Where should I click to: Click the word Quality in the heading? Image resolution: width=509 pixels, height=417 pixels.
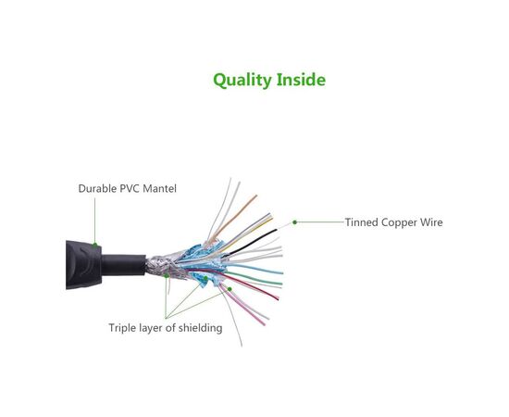pos(242,80)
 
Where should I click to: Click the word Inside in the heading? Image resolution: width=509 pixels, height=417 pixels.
pos(301,80)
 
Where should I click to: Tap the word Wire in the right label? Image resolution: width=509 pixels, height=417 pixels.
pos(431,222)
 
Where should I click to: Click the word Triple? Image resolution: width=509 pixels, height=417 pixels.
pos(125,328)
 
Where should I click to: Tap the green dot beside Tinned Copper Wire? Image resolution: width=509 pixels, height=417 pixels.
pos(294,221)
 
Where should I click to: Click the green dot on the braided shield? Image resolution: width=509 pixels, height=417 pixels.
pos(167,275)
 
